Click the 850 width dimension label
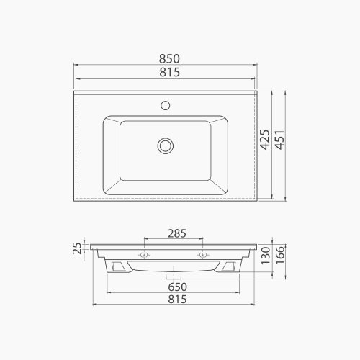point(169,59)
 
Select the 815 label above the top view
point(170,72)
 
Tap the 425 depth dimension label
point(265,140)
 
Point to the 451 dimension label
point(279,140)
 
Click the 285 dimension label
point(177,233)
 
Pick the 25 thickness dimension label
point(77,248)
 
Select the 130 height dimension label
point(266,256)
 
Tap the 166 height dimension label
point(280,255)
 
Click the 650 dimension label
point(177,287)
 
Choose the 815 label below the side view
point(177,300)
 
